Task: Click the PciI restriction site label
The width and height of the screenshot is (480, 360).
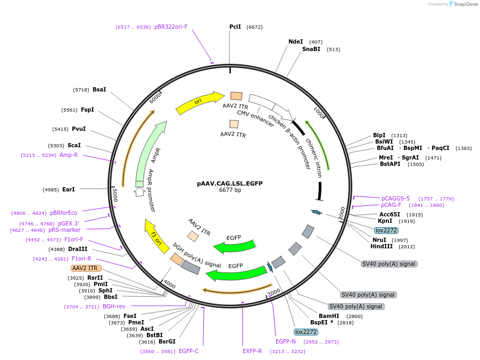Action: point(235,27)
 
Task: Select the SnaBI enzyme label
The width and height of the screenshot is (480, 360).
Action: point(311,49)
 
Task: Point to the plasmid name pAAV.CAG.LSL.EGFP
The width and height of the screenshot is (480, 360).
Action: point(229,183)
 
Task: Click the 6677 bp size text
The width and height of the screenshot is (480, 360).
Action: point(230,190)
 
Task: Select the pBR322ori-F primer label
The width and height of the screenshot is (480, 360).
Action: point(171,27)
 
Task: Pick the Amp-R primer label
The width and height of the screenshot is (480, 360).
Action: point(69,155)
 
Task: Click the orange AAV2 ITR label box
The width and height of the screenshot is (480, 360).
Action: point(85,268)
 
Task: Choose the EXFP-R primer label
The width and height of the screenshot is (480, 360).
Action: point(252,351)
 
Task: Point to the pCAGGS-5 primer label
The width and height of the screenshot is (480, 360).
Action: point(395,198)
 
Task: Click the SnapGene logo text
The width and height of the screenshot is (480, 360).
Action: point(465,4)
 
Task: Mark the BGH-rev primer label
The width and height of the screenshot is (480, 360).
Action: point(114,306)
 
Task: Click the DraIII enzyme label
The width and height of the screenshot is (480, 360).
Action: point(78,249)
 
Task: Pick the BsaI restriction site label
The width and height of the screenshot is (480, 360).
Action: point(100,89)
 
